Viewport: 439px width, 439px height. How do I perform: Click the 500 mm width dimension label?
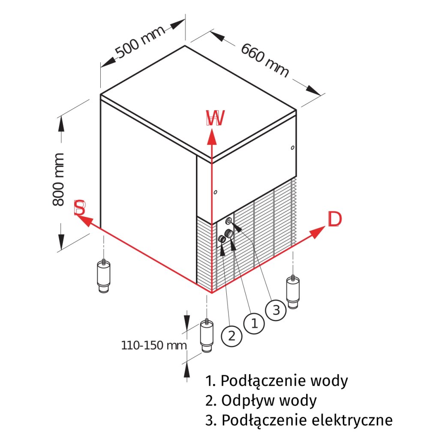tap(141, 42)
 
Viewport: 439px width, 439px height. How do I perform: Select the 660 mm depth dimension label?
tap(265, 60)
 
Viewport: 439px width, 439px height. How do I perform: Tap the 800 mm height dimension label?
tap(58, 179)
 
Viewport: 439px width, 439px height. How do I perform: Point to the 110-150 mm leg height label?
tap(154, 345)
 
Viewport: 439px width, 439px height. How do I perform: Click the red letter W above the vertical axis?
tap(215, 119)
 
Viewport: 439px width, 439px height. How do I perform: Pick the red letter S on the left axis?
tap(80, 208)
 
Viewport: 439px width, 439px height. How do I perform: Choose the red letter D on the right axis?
tap(334, 219)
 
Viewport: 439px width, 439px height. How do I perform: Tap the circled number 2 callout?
tap(232, 336)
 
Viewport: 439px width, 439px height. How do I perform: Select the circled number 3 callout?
tap(276, 310)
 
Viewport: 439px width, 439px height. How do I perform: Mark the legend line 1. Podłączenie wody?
tap(277, 380)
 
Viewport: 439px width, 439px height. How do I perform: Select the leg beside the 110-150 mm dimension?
tap(207, 337)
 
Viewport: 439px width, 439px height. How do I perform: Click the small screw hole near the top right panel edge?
tap(292, 148)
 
